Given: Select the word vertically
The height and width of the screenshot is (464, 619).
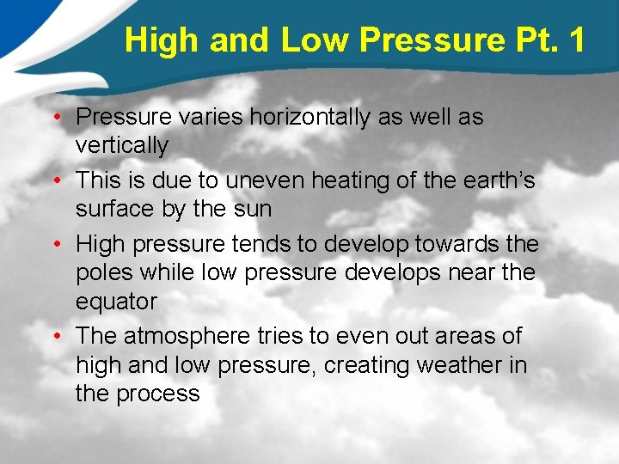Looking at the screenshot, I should click(121, 146).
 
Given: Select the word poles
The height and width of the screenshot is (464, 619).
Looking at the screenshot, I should click(104, 273).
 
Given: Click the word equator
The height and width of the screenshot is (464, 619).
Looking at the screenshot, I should click(116, 302).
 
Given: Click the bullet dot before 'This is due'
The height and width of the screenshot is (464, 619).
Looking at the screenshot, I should click(64, 180).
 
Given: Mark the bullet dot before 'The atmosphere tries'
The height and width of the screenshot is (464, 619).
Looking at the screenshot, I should click(64, 335).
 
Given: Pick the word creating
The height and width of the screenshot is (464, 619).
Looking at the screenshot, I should click(366, 365).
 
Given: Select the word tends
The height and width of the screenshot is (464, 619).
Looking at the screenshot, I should click(261, 244).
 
